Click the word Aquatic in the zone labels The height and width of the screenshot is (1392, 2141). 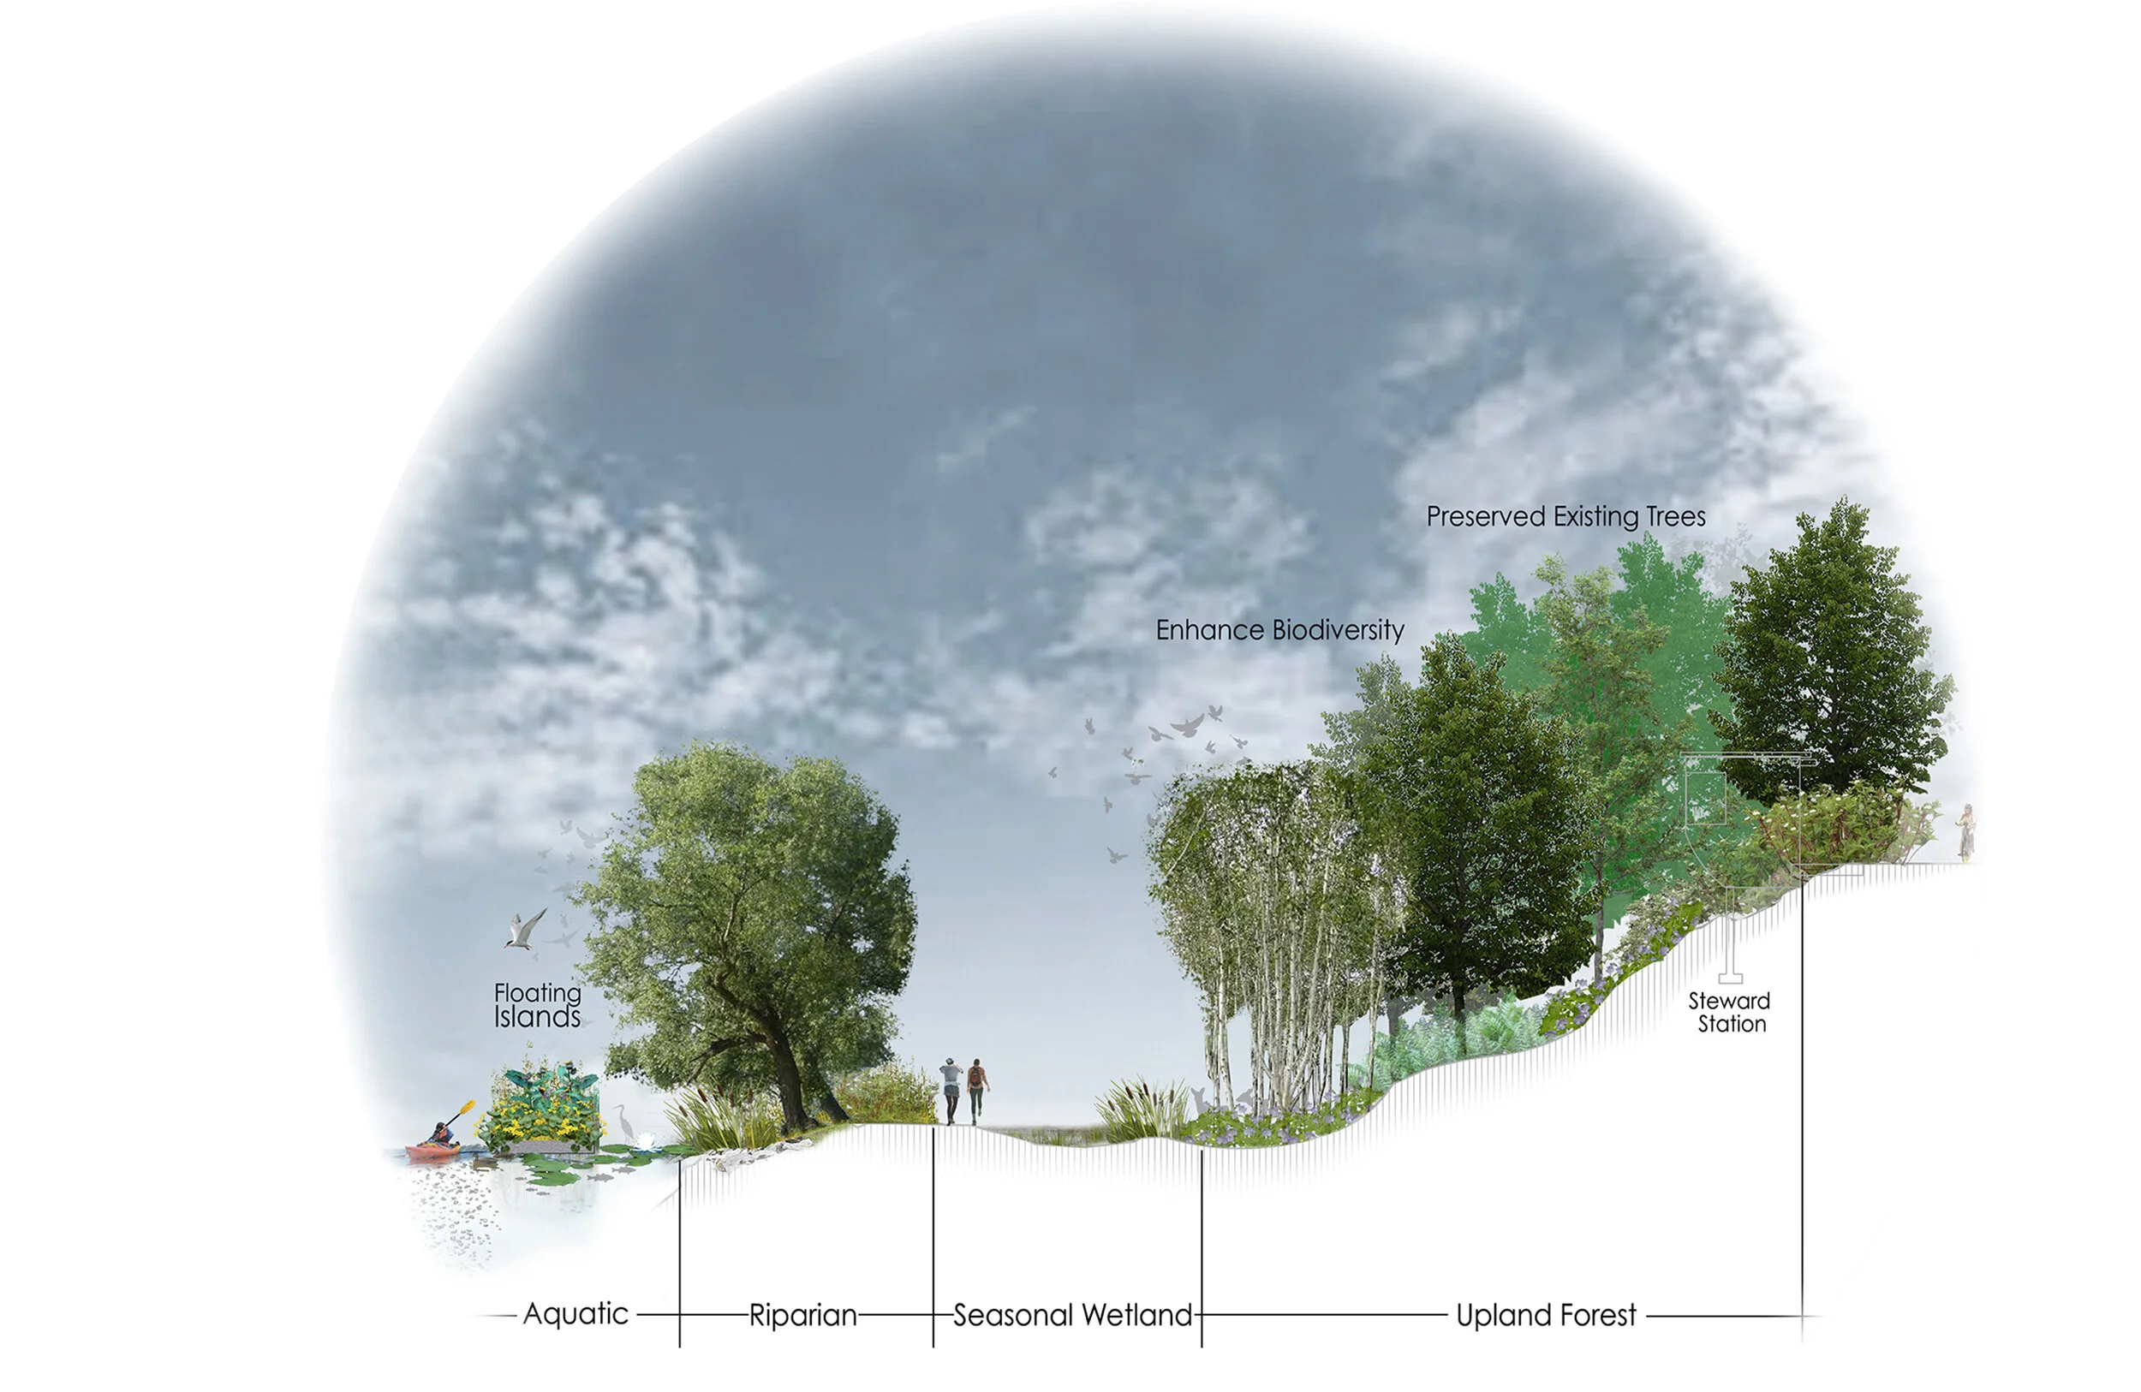click(575, 1314)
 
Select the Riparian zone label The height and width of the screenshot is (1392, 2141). click(802, 1316)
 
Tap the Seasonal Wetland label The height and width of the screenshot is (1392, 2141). click(1072, 1316)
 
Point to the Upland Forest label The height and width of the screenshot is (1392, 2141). click(1546, 1316)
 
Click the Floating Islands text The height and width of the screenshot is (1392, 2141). click(537, 1004)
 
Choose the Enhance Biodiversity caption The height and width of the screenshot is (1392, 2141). click(1279, 630)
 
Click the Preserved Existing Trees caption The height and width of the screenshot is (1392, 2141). click(1565, 517)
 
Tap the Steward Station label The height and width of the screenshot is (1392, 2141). click(1729, 1012)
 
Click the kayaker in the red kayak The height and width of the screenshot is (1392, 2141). click(441, 1135)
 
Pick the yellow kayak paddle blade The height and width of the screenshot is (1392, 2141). click(468, 1105)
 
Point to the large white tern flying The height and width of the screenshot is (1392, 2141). click(525, 929)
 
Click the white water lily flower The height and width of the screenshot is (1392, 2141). click(645, 1142)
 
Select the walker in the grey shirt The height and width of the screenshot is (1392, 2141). click(951, 1089)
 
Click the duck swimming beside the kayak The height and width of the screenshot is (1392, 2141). click(482, 1161)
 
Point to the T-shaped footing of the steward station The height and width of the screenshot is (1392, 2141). click(1731, 976)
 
